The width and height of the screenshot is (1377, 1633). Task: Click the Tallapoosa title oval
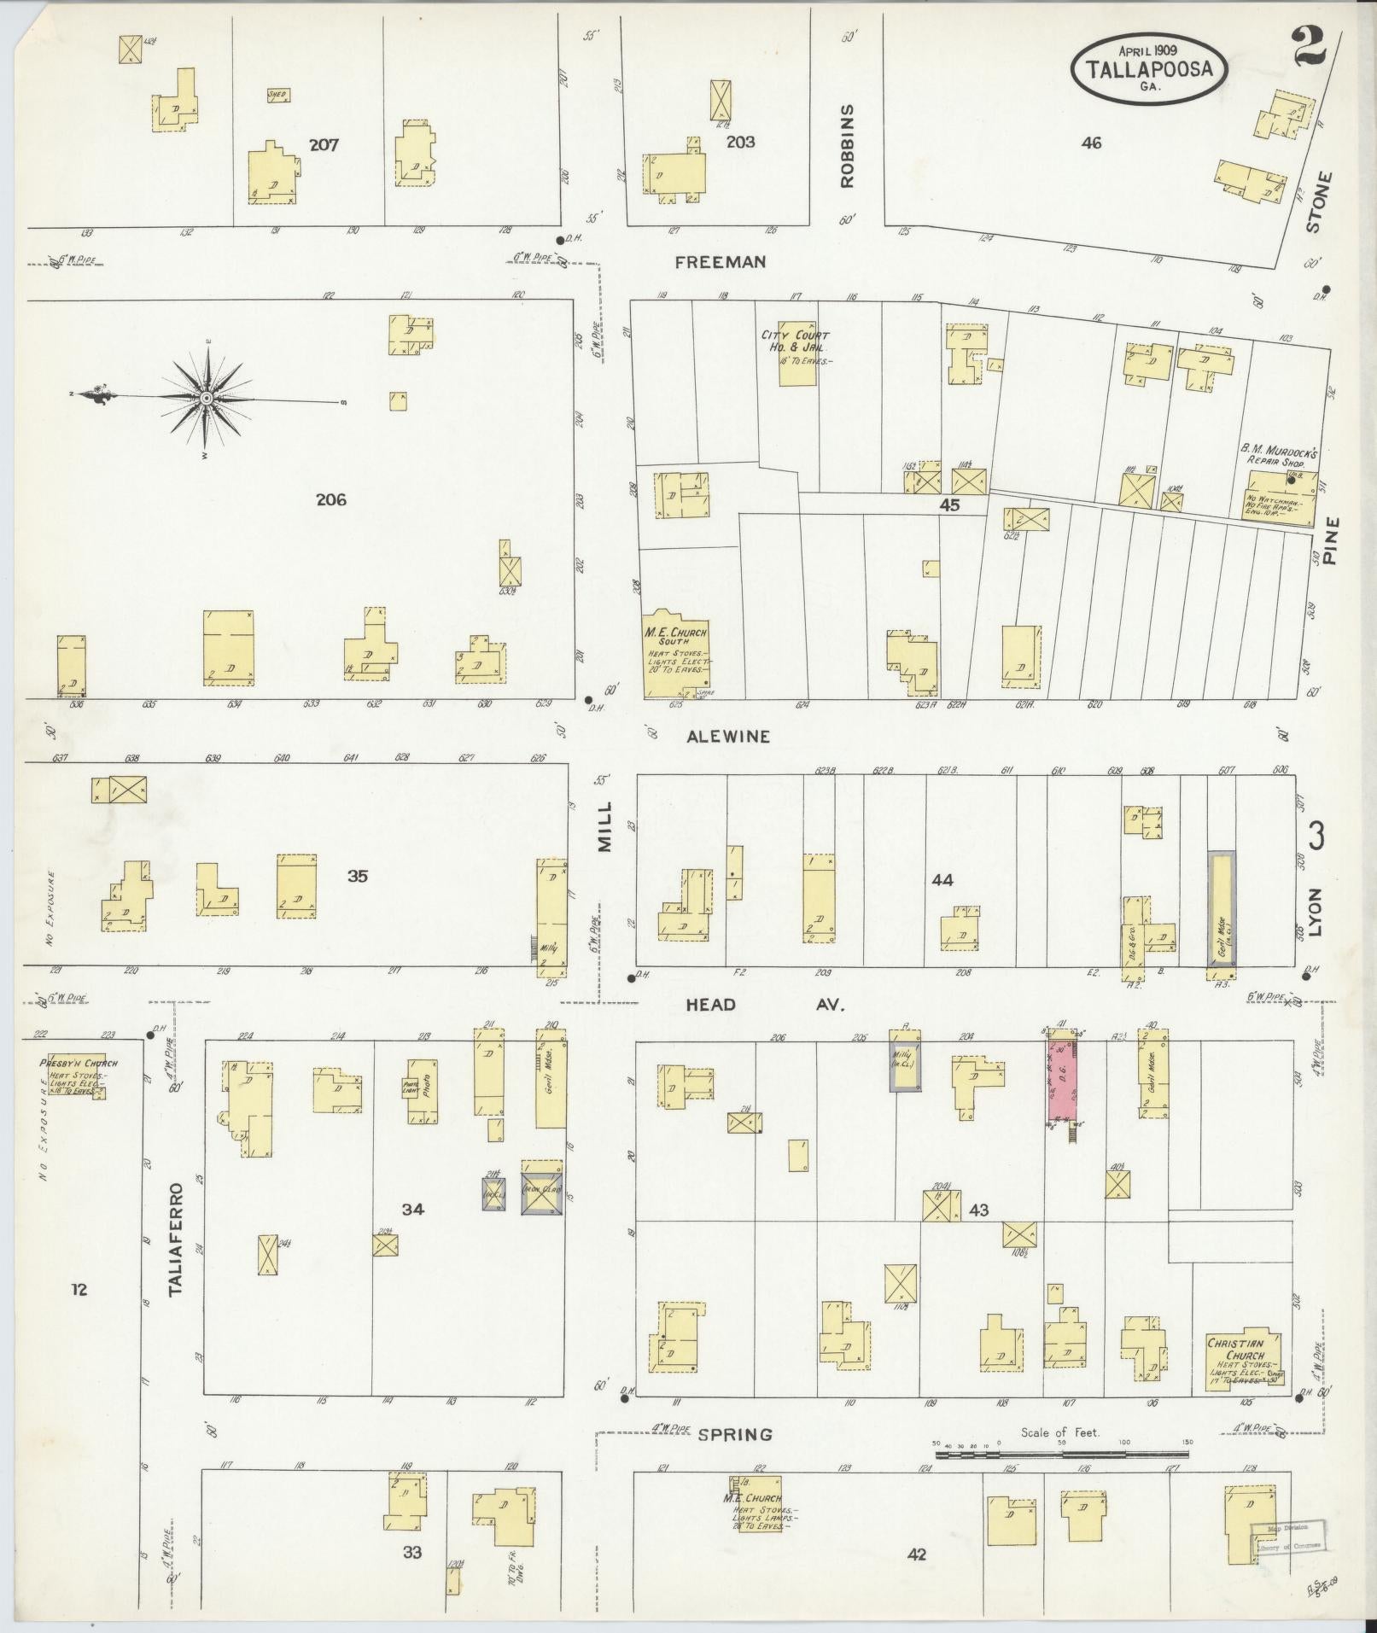[1150, 68]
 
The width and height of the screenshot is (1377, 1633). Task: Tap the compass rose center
[207, 399]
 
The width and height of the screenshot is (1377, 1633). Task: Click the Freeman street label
[720, 262]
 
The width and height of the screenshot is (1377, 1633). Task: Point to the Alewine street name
[728, 736]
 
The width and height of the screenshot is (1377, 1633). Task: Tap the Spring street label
[734, 1434]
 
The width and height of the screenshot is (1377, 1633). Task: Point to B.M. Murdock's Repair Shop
[1279, 494]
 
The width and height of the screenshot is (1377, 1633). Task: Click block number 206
[330, 500]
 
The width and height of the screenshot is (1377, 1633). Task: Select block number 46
[1090, 143]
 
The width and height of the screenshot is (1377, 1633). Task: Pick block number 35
[357, 875]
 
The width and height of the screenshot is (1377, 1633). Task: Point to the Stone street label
[1315, 202]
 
